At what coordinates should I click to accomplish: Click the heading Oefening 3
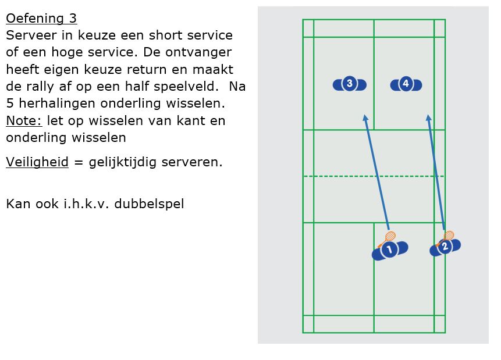coord(41,19)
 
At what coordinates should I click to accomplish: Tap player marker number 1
coord(389,250)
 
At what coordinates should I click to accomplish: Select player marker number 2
coord(445,247)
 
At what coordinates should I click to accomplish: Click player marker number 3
coord(349,84)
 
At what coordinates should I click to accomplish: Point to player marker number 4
coord(406,84)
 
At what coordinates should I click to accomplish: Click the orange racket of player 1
coord(389,237)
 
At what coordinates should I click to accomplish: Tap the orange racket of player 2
coord(449,235)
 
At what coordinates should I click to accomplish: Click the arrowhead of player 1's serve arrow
coord(365,118)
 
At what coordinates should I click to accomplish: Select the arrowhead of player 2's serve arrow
coord(428,118)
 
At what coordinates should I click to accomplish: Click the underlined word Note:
coord(24,121)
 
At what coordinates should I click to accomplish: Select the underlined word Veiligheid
coord(37,162)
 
